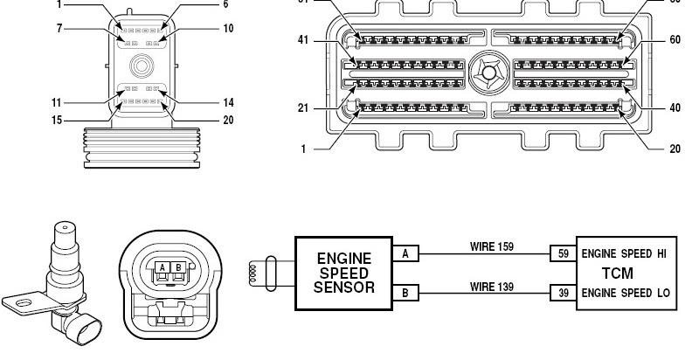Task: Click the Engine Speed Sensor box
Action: (x=343, y=273)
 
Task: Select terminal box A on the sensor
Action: (x=405, y=254)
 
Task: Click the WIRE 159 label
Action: (x=492, y=246)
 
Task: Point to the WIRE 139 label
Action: (x=492, y=286)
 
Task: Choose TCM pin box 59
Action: (x=562, y=254)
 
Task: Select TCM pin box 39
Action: (x=562, y=293)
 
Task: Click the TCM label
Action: (x=618, y=273)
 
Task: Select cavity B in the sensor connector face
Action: (x=179, y=268)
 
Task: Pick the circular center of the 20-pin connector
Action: (x=140, y=66)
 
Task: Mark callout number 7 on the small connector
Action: (x=59, y=29)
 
